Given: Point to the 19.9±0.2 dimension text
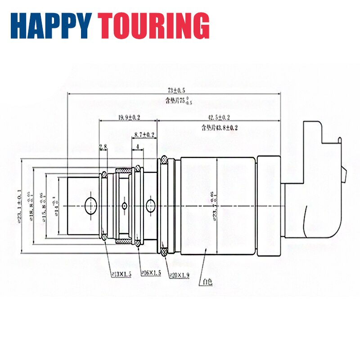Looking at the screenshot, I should coord(129,117).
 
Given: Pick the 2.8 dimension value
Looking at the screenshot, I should coord(103,147).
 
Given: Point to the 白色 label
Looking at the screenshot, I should coord(207,283).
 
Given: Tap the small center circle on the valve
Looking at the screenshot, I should coord(125,206).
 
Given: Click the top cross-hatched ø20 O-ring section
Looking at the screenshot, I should coord(164,159).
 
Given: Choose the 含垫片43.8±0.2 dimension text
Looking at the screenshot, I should coord(220,128).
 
